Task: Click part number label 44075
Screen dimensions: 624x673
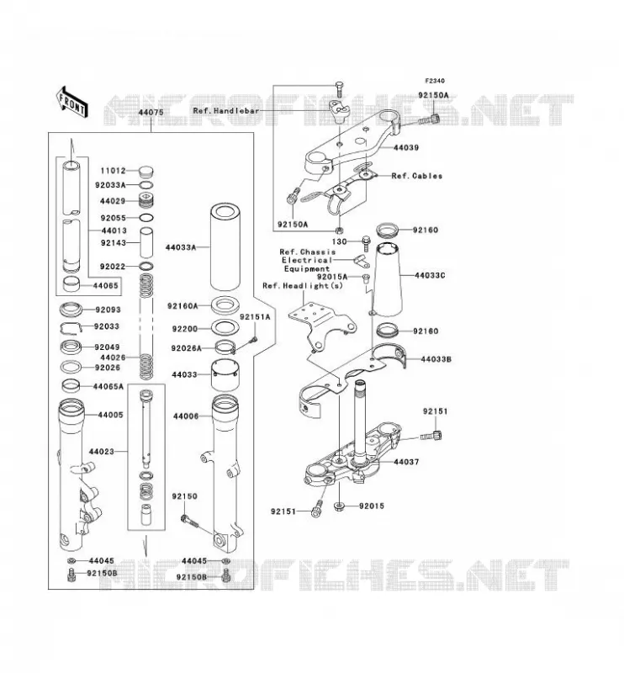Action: (151, 113)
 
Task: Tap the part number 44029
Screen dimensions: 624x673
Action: (113, 201)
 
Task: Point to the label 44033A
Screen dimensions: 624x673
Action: (181, 247)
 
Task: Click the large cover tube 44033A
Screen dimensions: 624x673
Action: (225, 246)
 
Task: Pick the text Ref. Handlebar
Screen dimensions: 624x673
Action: (226, 111)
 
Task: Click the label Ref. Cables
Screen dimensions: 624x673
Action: (417, 176)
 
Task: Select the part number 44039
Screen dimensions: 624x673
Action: (406, 148)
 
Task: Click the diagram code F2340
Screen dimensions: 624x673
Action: (435, 81)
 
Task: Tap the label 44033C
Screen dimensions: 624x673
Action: (430, 275)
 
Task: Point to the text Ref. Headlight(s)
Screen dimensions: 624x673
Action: (303, 286)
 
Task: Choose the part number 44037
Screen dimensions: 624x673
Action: (406, 462)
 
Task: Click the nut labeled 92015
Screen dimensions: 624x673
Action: (340, 507)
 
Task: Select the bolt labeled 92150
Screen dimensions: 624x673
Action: (189, 521)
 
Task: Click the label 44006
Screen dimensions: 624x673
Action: (186, 416)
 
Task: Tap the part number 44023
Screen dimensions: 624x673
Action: (102, 452)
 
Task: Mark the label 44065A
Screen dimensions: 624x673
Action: (108, 387)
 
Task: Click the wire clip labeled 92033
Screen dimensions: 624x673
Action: (71, 328)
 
